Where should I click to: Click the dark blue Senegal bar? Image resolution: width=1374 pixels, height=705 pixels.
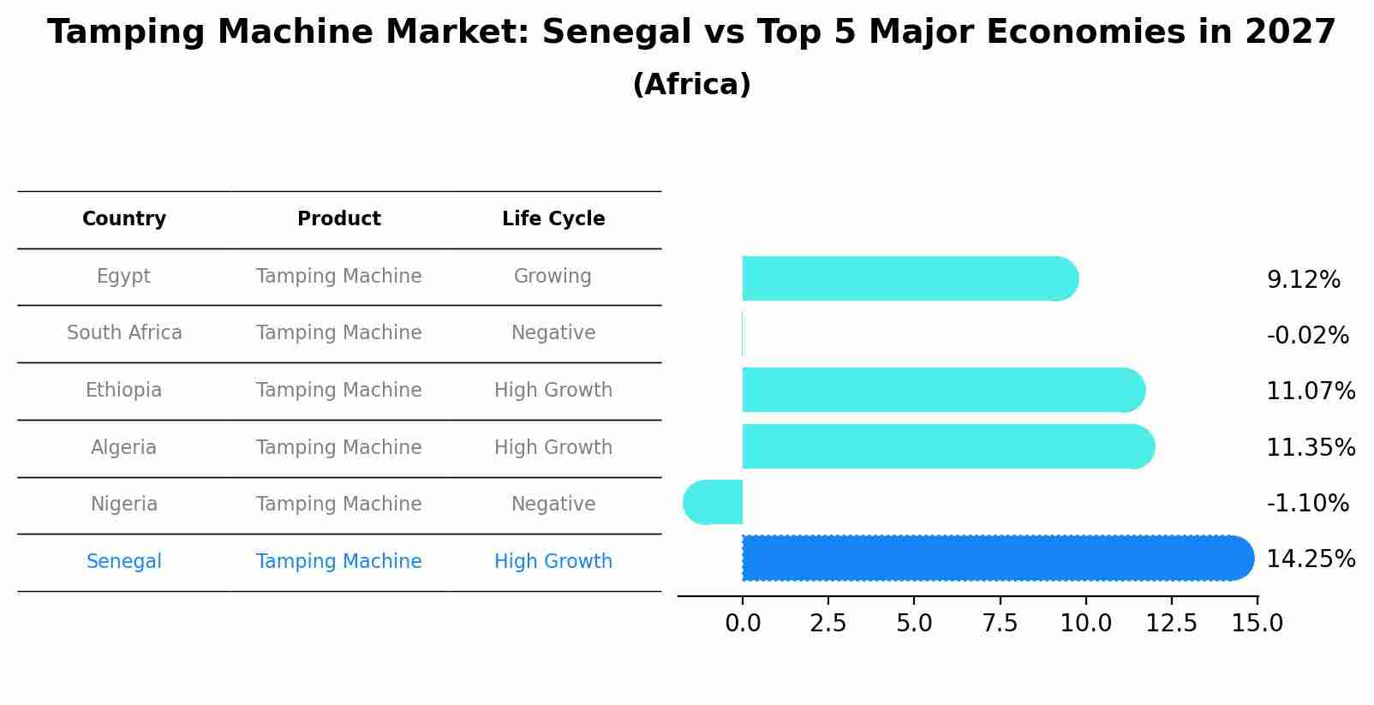pyautogui.click(x=994, y=558)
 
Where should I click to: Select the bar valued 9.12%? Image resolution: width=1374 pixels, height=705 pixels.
pyautogui.click(x=908, y=278)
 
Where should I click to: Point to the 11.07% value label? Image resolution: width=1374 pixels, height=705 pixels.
pyautogui.click(x=1310, y=391)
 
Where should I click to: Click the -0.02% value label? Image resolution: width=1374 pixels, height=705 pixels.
pyautogui.click(x=1307, y=336)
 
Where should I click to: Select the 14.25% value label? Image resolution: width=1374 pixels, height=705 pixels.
pyautogui.click(x=1310, y=559)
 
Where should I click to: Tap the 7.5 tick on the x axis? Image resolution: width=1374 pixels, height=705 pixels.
pyautogui.click(x=1000, y=624)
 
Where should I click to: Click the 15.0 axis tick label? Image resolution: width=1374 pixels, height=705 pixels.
pyautogui.click(x=1257, y=624)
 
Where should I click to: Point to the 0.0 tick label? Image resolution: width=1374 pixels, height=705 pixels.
pyautogui.click(x=742, y=624)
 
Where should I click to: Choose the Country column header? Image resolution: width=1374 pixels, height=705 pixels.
pyautogui.click(x=124, y=219)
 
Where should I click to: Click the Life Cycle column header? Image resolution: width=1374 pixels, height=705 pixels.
pyautogui.click(x=553, y=219)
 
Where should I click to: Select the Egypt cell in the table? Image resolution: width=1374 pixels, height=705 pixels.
pyautogui.click(x=123, y=277)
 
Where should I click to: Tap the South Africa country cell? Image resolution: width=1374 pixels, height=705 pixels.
pyautogui.click(x=124, y=333)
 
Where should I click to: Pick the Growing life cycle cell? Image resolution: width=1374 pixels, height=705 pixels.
pyautogui.click(x=553, y=277)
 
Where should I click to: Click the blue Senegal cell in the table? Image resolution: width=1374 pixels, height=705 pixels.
pyautogui.click(x=124, y=562)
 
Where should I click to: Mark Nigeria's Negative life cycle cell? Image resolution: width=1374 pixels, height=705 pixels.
pyautogui.click(x=553, y=505)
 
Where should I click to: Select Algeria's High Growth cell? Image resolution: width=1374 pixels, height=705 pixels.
pyautogui.click(x=553, y=448)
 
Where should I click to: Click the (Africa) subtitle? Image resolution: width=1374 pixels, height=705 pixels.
pyautogui.click(x=691, y=85)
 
